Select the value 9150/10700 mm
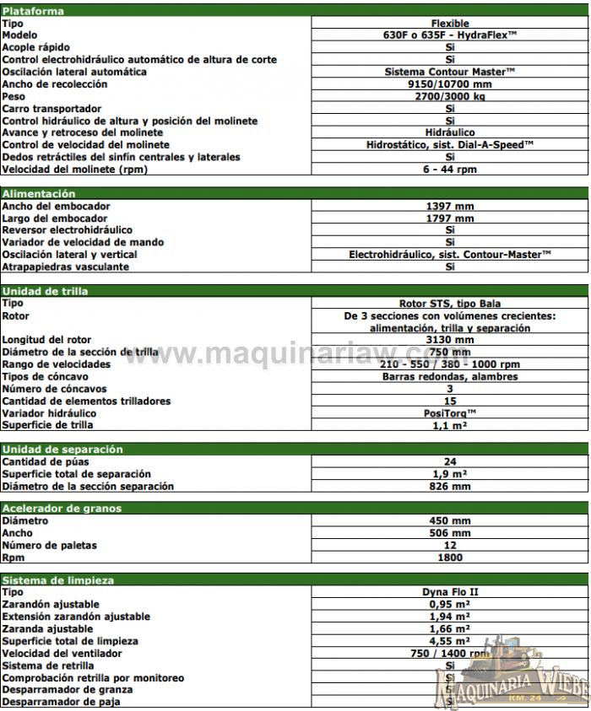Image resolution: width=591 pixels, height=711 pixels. coord(449,84)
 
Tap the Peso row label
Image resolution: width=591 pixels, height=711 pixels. coord(16,96)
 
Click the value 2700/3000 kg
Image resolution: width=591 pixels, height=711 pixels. coord(449,96)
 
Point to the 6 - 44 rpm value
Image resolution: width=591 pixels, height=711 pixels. coord(449,170)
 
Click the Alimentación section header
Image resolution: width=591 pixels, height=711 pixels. coord(39,194)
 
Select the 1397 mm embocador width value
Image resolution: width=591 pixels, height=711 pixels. coord(449,206)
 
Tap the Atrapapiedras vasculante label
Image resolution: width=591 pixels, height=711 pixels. coord(66,267)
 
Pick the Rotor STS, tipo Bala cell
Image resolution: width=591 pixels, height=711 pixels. coord(449,303)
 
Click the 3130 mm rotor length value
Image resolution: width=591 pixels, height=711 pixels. coord(449,340)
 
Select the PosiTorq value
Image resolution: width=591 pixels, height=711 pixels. coord(449,413)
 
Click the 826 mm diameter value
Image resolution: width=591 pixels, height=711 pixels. coord(449,486)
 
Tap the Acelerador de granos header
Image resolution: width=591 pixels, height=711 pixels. coord(62,509)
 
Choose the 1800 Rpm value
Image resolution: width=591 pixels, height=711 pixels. coord(449,557)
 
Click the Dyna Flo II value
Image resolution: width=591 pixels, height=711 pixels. coord(449,592)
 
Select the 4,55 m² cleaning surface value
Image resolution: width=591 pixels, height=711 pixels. coord(449,641)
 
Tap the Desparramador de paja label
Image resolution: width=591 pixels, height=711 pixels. coord(61,702)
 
